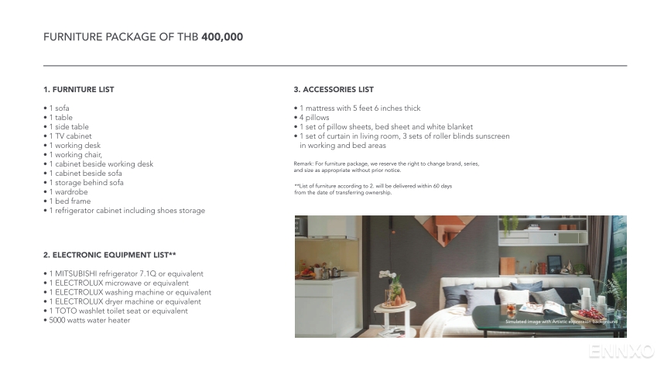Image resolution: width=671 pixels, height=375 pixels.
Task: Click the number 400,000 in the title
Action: (x=222, y=37)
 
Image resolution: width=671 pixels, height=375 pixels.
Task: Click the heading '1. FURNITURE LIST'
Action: (x=78, y=90)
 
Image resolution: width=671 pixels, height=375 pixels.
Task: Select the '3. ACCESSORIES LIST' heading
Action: (x=334, y=90)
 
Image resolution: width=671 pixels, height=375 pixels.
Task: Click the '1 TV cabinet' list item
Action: (x=70, y=136)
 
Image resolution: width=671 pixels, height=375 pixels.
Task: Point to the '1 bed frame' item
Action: (x=70, y=201)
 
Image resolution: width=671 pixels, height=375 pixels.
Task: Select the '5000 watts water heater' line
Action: (x=89, y=321)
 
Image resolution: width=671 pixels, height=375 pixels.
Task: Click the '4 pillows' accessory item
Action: (x=313, y=118)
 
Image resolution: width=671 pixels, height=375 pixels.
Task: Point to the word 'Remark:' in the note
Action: (x=303, y=164)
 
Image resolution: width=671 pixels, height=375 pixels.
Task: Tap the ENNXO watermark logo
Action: (x=621, y=353)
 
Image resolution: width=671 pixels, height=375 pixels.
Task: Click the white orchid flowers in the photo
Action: (x=387, y=275)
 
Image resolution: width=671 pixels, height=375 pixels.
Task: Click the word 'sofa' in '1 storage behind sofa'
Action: (x=116, y=183)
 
